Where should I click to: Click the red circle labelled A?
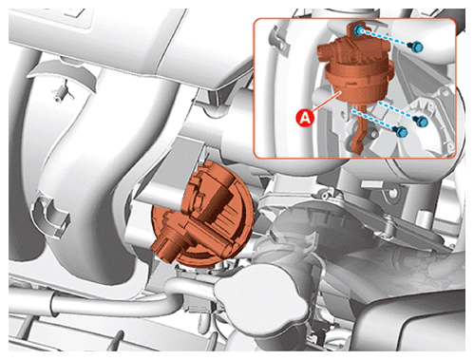[x=305, y=118]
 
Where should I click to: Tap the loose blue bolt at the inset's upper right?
[x=416, y=47]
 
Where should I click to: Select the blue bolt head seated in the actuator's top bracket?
[x=358, y=30]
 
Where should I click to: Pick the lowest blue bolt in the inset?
[x=401, y=131]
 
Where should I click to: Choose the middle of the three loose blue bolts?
[x=421, y=122]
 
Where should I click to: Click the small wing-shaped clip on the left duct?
[x=63, y=93]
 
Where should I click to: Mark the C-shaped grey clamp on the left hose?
[x=50, y=216]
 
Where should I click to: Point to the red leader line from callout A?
[x=326, y=101]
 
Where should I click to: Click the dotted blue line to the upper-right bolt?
[x=388, y=38]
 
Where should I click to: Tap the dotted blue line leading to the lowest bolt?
[x=373, y=120]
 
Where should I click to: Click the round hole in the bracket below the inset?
[x=392, y=193]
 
